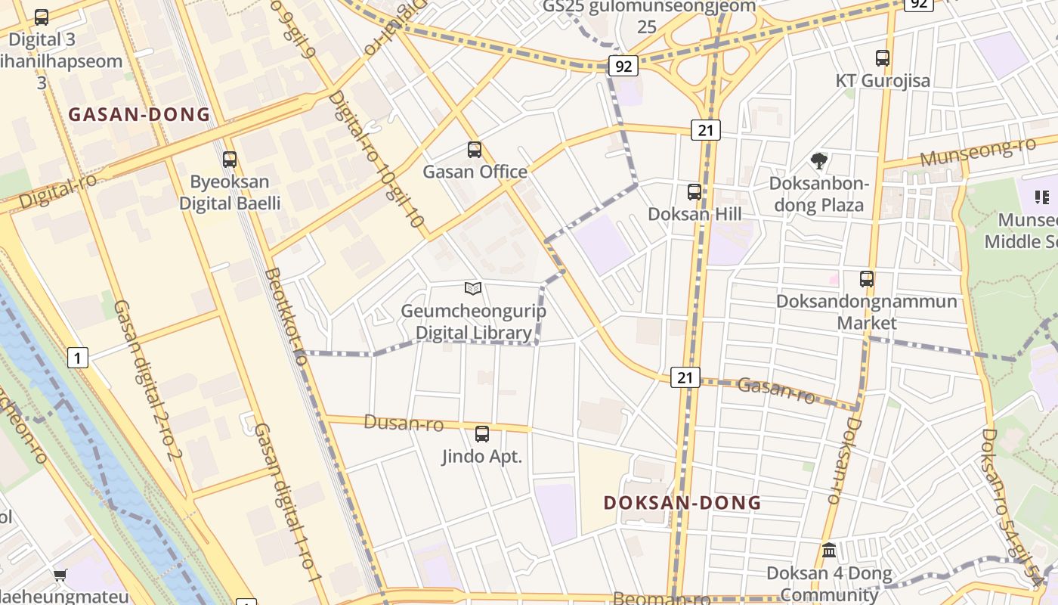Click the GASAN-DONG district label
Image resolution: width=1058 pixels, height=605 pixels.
[x=139, y=115]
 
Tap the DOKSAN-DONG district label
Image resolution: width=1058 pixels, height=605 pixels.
[x=682, y=503]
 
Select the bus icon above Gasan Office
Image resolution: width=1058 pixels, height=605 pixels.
[x=475, y=150]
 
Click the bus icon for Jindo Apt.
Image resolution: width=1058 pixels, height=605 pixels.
[x=482, y=434]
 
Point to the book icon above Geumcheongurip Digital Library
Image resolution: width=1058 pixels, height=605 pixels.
[x=473, y=288]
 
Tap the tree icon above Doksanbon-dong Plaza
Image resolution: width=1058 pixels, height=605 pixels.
[x=818, y=160]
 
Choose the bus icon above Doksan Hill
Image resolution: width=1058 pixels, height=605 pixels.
[x=695, y=192]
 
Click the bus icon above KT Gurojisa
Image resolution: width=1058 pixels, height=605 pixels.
[x=883, y=57]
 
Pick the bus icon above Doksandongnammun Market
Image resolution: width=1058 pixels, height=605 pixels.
[x=867, y=278]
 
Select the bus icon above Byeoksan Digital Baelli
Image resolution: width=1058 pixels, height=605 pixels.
[x=230, y=160]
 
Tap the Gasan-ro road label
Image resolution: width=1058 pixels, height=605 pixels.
[x=775, y=389]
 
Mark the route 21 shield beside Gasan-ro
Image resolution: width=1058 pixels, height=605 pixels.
[x=685, y=377]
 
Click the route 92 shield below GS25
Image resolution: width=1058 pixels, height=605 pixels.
[x=623, y=66]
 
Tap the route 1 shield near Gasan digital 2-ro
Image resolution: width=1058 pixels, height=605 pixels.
[x=78, y=357]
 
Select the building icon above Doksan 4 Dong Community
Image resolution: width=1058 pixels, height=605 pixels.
[x=829, y=550]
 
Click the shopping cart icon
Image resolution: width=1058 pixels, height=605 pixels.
[x=60, y=576]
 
